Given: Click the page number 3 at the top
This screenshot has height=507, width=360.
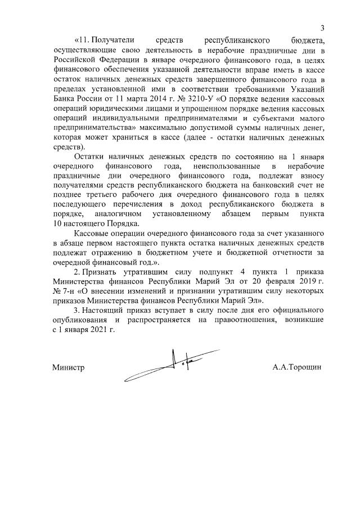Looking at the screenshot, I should coord(323,28).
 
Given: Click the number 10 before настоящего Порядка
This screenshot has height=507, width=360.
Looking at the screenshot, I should coord(57,224).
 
